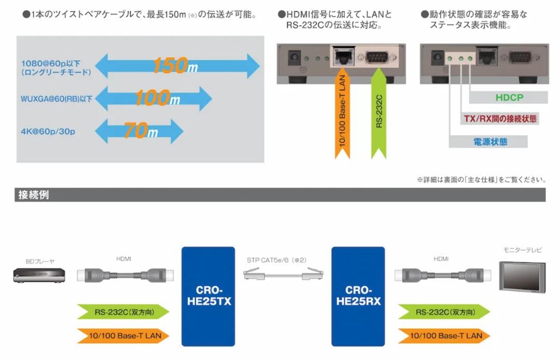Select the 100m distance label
153,98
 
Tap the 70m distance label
139,131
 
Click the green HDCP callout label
509,98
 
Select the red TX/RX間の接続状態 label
500,119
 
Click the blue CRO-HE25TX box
206,296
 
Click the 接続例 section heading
34,195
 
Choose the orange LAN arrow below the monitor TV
444,336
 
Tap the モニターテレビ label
522,250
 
